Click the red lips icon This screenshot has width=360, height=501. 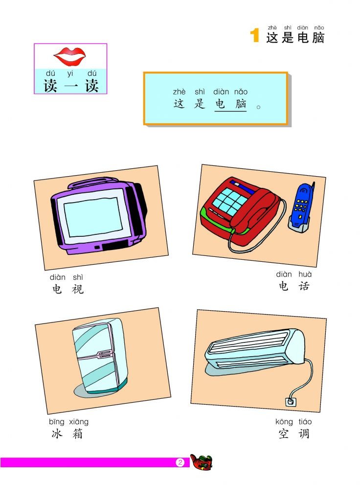coord(69,56)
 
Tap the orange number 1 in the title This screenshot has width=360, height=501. coord(254,35)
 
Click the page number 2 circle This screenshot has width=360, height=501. coord(180,462)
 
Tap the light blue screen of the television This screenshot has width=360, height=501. coord(93,217)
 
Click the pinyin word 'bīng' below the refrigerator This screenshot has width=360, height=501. coord(57,422)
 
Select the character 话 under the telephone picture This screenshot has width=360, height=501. coord(304,286)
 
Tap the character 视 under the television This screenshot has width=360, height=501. coord(78,289)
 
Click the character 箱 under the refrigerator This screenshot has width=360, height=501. coord(77,433)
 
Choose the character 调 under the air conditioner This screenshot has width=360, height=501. coord(304,433)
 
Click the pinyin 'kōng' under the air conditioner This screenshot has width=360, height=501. coord(284,422)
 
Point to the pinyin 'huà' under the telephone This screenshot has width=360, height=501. coord(305,274)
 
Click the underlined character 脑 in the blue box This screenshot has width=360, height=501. coord(241,104)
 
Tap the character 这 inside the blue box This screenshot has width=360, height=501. coord(179,104)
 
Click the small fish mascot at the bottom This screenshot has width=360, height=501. coord(201,462)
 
